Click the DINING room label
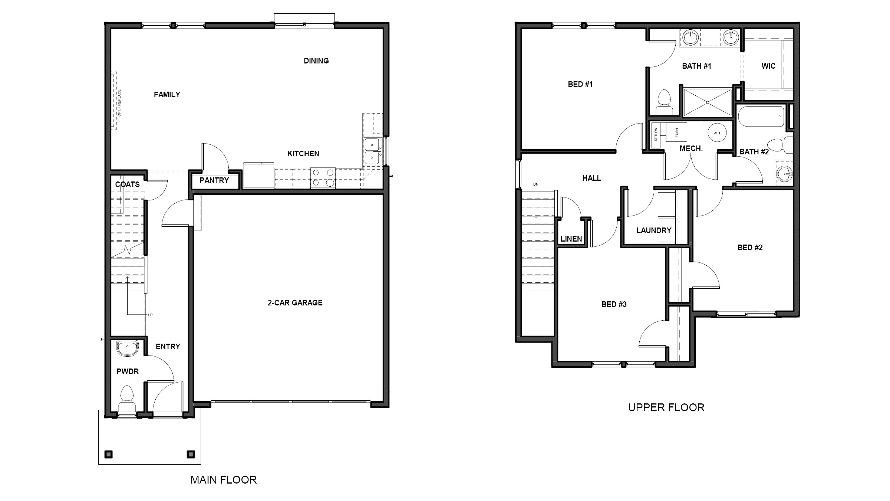pos(316,61)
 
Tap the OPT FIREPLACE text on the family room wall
pos(119,103)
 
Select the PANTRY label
pos(214,180)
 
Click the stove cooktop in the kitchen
pos(323,178)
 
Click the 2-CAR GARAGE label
pos(295,303)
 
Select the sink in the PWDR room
pos(127,348)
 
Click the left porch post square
pos(108,454)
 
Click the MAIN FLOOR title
pos(223,480)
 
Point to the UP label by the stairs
pos(150,315)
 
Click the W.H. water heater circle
pos(716,133)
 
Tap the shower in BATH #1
pos(708,102)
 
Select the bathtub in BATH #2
pos(761,117)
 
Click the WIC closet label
pos(768,66)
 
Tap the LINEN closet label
pos(571,239)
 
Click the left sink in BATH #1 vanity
pos(690,37)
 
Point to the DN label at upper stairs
pos(535,184)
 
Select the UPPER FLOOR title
pos(666,407)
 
